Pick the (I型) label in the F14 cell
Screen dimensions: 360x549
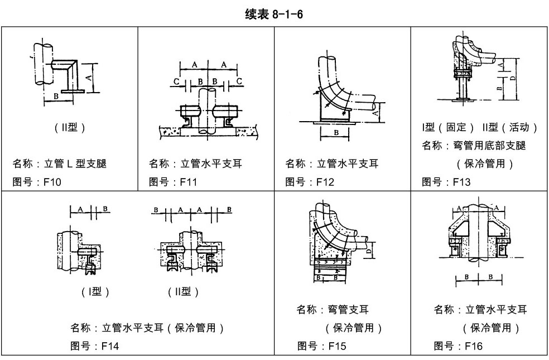pyautogui.click(x=95, y=291)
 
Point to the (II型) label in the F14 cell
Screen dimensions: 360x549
pyautogui.click(x=183, y=291)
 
